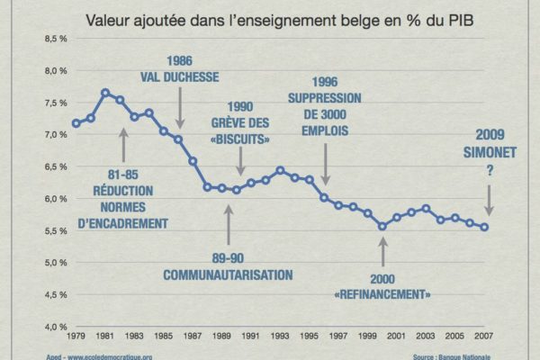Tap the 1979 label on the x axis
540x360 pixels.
[76, 338]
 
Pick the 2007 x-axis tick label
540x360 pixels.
[485, 338]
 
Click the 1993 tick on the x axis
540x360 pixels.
[281, 338]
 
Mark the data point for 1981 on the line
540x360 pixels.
[105, 92]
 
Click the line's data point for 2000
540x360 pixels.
[382, 227]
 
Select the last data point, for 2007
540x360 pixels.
[485, 227]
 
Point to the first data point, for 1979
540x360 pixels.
[76, 123]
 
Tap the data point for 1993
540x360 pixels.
[281, 170]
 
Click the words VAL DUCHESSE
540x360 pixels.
[178, 77]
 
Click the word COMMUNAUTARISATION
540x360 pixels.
[229, 273]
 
